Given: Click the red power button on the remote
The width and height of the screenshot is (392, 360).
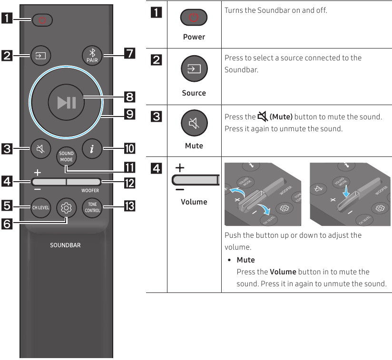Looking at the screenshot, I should click(43, 20).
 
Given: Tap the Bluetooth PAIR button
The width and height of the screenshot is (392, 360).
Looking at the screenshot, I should click(90, 56).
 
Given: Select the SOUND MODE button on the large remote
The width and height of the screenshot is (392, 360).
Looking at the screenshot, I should click(66, 156).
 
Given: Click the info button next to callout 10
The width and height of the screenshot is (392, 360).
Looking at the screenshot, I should click(90, 148).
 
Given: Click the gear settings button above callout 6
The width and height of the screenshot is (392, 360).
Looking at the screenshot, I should click(66, 208).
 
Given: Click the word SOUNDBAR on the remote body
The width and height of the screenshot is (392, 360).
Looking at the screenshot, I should click(66, 245).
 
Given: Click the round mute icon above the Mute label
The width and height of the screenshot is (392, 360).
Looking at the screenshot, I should click(194, 124).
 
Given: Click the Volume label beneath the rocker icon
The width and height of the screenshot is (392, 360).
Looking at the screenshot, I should click(194, 202).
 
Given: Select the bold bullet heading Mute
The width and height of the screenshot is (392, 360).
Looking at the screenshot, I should click(245, 260).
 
